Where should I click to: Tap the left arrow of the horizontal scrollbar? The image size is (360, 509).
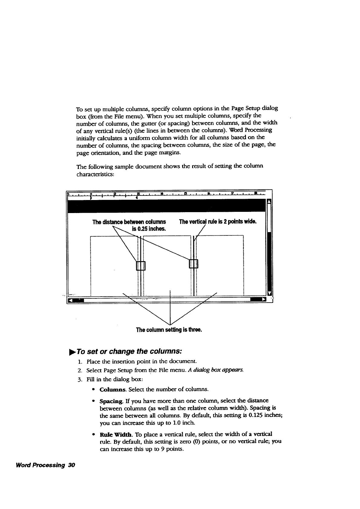[x=71, y=300]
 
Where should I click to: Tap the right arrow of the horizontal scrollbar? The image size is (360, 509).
[x=263, y=300]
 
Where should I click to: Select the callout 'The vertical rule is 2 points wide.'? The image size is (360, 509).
[x=218, y=222]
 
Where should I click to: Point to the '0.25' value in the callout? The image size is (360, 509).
[x=142, y=228]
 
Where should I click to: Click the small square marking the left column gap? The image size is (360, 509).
[x=141, y=265]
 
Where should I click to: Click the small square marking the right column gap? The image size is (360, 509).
[x=193, y=264]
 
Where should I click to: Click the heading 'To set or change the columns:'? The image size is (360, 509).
[x=129, y=352]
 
